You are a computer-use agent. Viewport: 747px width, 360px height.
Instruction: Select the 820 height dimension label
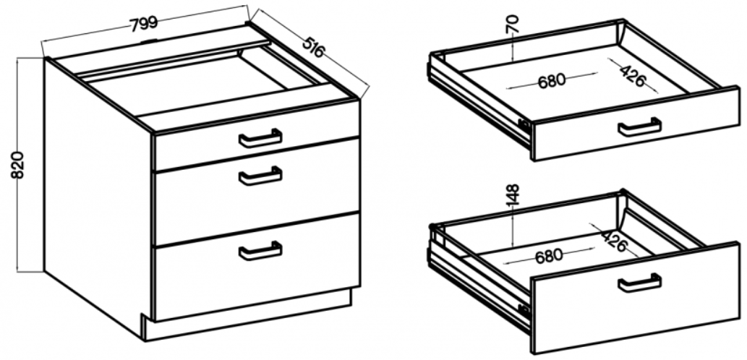click(x=17, y=166)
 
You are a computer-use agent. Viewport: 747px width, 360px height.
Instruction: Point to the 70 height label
click(x=513, y=24)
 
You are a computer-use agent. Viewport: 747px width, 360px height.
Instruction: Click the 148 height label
click(x=513, y=196)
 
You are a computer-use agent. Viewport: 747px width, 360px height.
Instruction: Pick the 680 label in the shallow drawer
click(x=552, y=80)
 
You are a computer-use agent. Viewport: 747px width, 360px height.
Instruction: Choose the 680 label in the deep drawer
click(x=548, y=256)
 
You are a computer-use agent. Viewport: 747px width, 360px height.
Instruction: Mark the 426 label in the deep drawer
click(x=615, y=241)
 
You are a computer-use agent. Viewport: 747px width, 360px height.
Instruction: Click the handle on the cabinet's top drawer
click(x=260, y=139)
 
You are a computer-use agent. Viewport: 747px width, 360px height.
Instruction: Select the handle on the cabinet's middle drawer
click(x=260, y=176)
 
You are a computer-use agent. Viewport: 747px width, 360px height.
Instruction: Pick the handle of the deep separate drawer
click(x=639, y=283)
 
